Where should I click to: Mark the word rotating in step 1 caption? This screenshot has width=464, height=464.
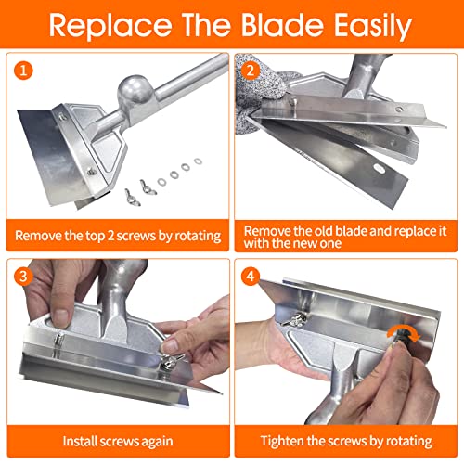(192, 236)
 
